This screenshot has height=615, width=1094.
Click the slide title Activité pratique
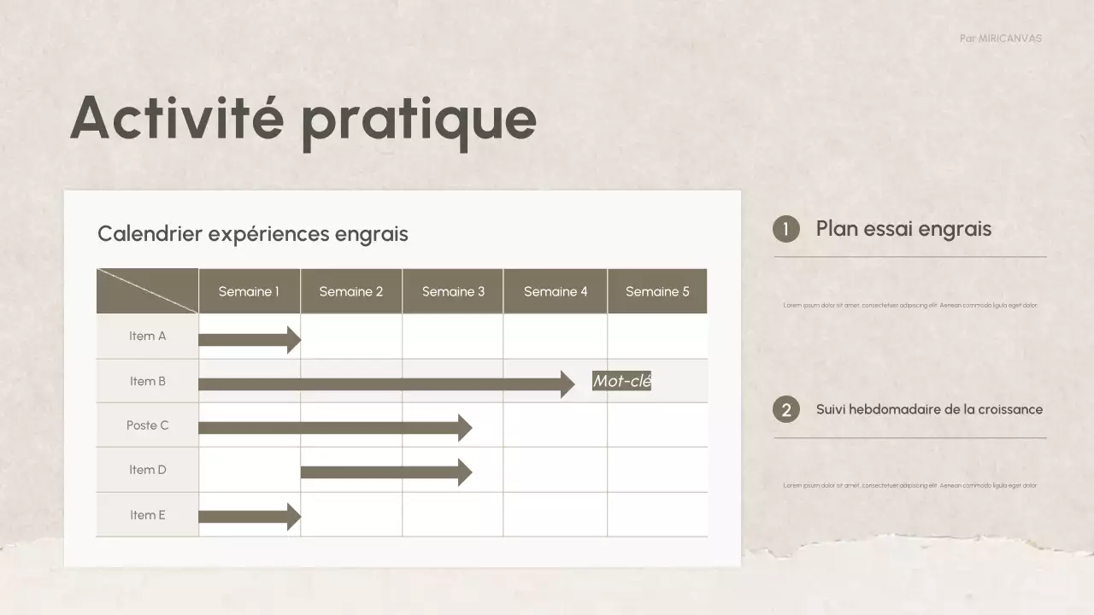(303, 118)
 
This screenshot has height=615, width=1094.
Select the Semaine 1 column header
(249, 291)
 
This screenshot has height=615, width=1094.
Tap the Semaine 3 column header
(453, 291)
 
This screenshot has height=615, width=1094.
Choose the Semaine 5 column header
(657, 291)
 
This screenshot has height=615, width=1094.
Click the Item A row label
(148, 337)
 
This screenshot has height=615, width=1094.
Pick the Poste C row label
(148, 425)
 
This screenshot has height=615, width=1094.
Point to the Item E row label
(148, 515)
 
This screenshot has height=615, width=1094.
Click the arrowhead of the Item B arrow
(568, 384)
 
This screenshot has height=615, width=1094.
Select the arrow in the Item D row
(385, 472)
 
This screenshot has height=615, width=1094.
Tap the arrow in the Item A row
(248, 340)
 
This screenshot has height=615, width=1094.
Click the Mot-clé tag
(622, 381)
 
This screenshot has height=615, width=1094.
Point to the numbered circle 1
(786, 229)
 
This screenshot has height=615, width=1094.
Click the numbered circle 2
(786, 410)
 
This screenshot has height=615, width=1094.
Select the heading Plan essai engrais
(903, 229)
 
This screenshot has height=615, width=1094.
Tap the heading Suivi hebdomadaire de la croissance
(929, 409)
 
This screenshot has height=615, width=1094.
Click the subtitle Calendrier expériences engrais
(253, 234)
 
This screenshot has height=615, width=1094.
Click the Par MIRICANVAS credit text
(1001, 38)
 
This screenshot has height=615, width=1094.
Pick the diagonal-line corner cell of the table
(148, 291)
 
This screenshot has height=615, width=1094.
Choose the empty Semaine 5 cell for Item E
(657, 515)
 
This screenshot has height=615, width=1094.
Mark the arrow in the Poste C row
(333, 428)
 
